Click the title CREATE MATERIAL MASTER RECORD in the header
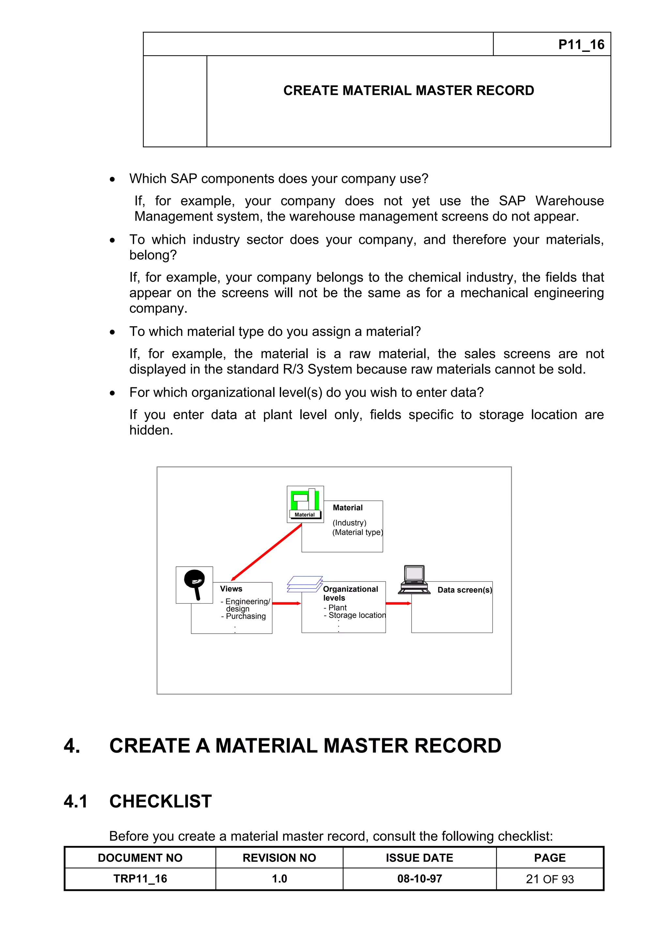[408, 91]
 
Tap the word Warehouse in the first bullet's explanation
[569, 201]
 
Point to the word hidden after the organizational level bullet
[151, 430]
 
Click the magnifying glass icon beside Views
[194, 584]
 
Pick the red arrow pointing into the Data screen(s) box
[398, 603]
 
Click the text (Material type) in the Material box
[357, 532]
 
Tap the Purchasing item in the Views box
[245, 616]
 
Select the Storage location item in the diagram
[357, 615]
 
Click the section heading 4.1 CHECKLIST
[138, 801]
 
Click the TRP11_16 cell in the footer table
[140, 879]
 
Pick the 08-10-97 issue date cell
[419, 879]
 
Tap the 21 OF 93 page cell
[550, 879]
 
